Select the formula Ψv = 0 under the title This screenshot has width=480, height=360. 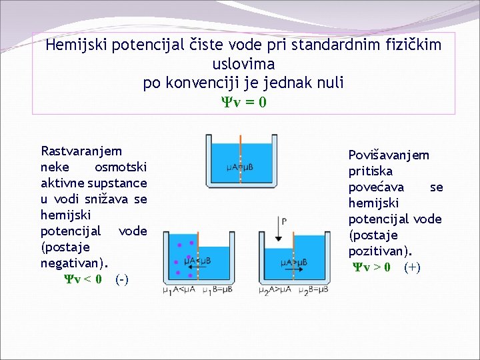[x=244, y=102]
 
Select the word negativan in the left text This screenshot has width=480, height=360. [x=71, y=263]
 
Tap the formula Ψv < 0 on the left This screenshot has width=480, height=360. [x=83, y=279]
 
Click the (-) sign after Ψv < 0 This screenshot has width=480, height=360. [x=122, y=279]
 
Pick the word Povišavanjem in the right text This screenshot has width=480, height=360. [x=389, y=155]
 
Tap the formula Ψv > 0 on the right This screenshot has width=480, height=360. [x=372, y=267]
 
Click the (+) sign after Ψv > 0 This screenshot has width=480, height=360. [x=412, y=267]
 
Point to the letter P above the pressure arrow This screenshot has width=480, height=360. [x=285, y=221]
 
